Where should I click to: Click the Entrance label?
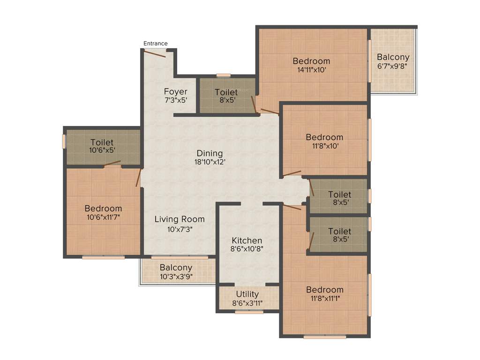click(155, 44)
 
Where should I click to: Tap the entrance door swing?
click(155, 53)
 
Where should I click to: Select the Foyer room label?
click(176, 91)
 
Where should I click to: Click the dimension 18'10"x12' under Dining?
click(210, 162)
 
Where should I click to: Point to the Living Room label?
click(180, 219)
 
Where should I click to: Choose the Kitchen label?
click(247, 240)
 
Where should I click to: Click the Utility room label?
click(247, 294)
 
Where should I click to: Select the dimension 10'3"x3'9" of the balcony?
click(176, 276)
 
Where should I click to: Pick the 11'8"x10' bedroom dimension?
click(324, 146)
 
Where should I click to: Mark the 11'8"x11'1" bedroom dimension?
click(324, 298)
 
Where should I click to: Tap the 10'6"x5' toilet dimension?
click(102, 150)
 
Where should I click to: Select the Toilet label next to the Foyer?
click(226, 92)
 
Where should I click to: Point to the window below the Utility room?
click(249, 312)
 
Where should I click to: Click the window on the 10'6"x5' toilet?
click(64, 142)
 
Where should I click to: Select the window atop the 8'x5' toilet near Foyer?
click(224, 75)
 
